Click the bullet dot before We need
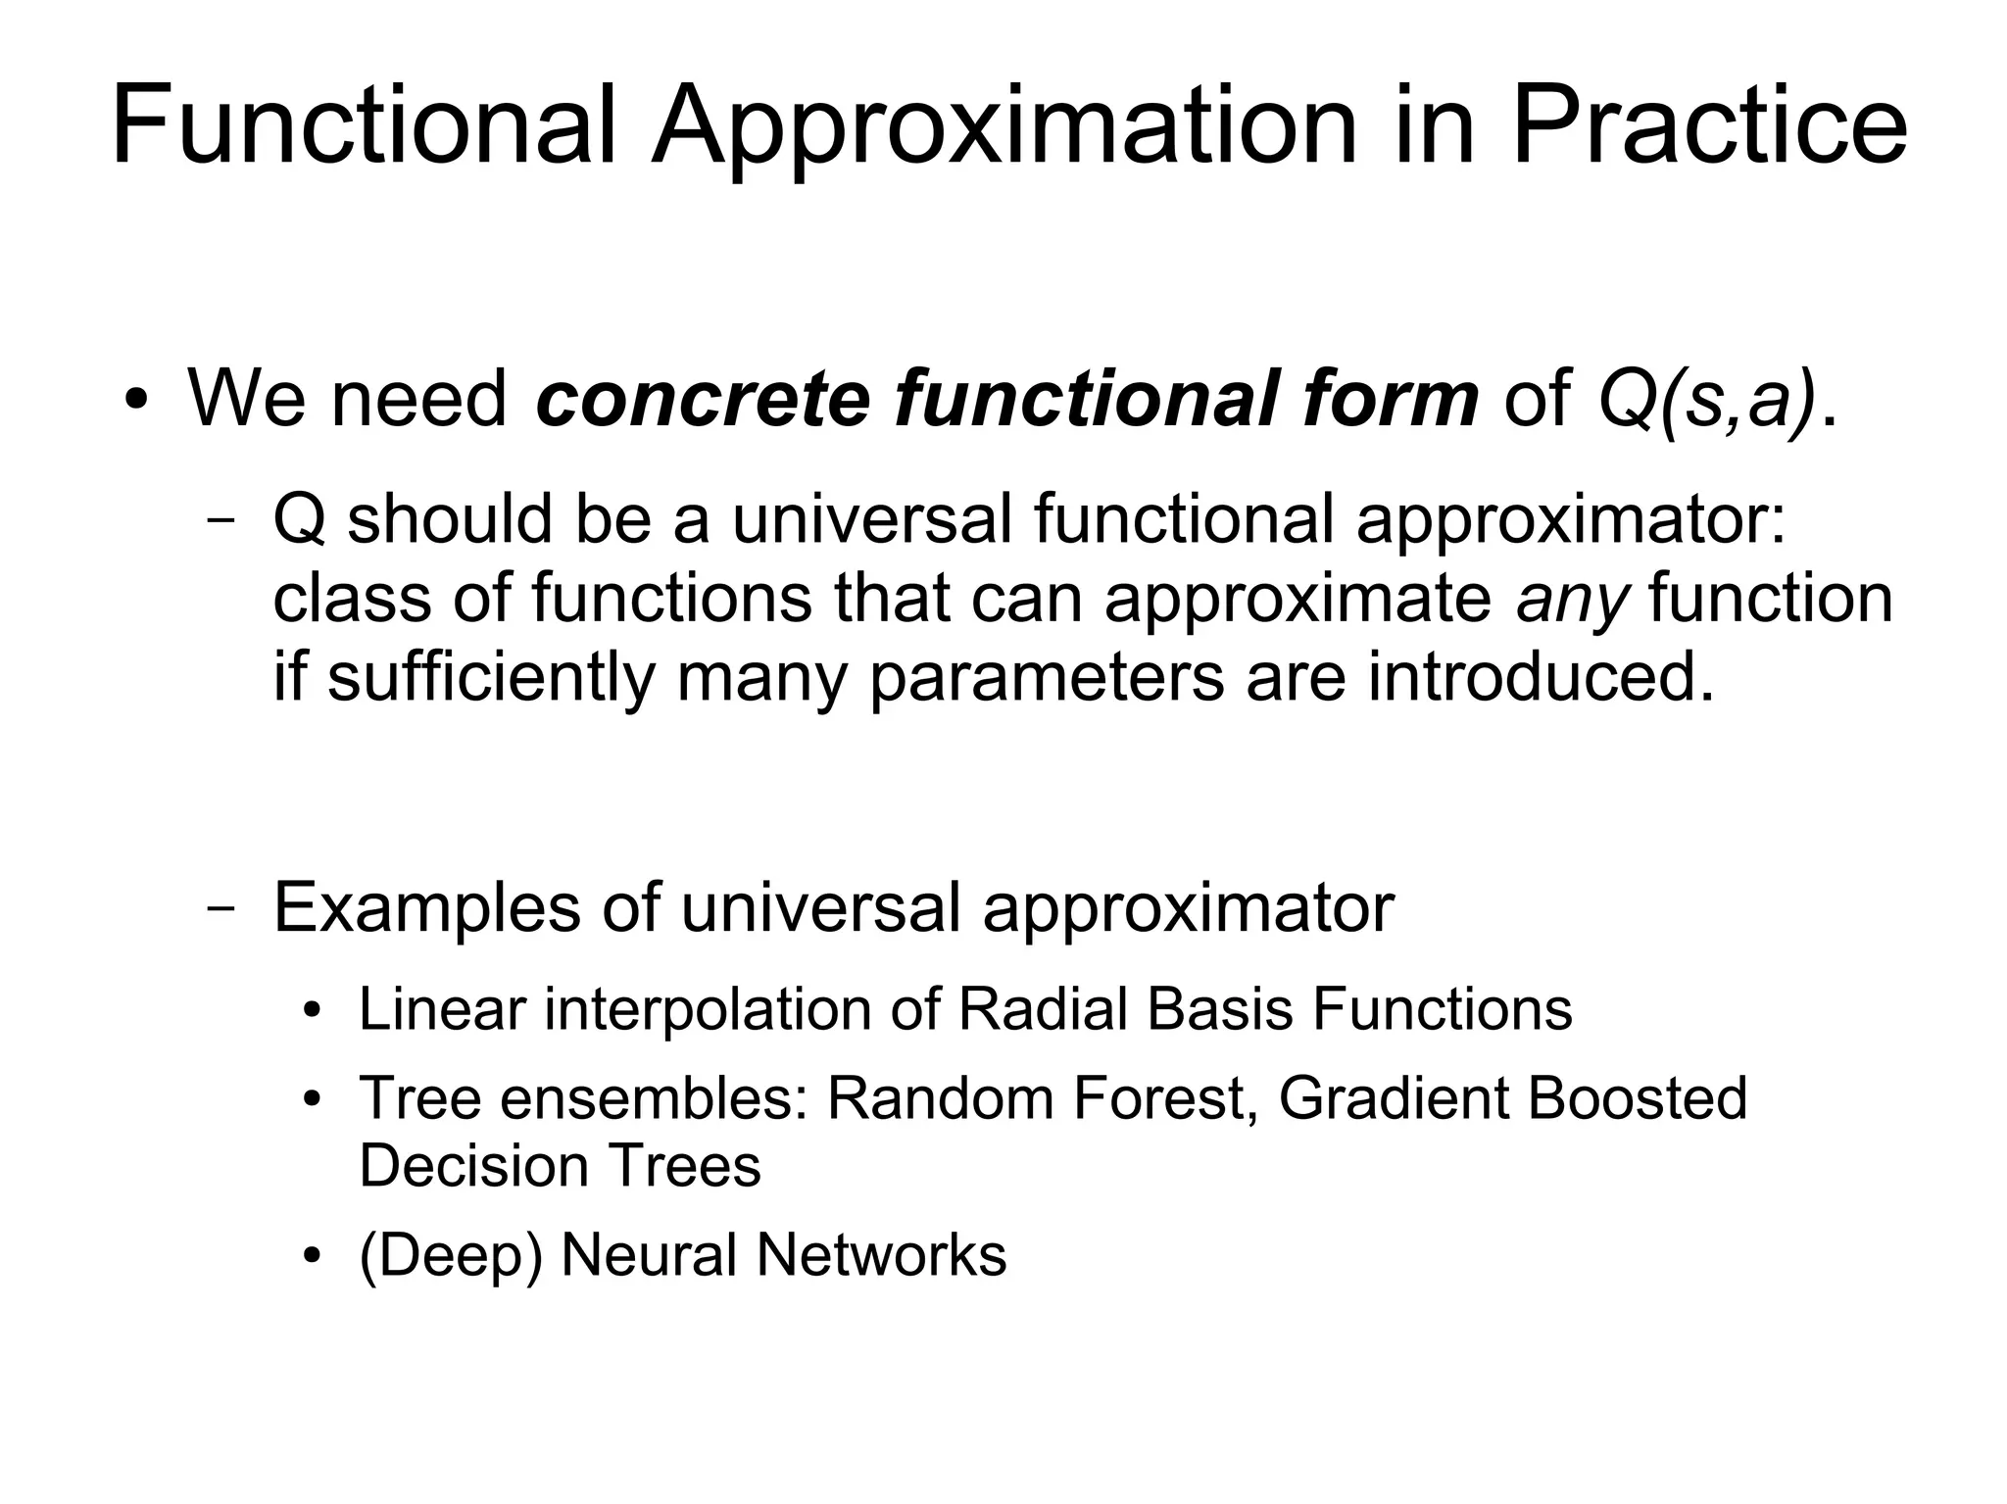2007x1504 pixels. coord(136,401)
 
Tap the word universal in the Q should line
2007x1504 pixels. coord(871,518)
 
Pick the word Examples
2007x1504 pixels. coord(426,907)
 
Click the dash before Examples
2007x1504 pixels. coord(221,908)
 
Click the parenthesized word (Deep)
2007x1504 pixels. coord(451,1255)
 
